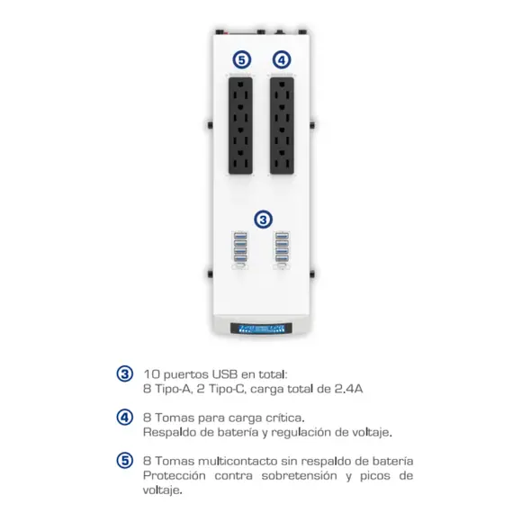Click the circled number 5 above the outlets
point(242,60)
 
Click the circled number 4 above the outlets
point(282,60)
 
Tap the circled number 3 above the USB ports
point(264,220)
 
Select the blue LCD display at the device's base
point(261,328)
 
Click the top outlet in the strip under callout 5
point(240,90)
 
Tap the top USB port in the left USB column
point(240,236)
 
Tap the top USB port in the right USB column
point(282,236)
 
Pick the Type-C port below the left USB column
point(240,266)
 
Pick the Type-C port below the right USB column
point(282,266)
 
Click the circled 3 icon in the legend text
point(125,374)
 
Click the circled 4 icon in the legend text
point(125,418)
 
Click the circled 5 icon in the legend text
point(125,461)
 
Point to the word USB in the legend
point(225,374)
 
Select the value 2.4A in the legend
point(349,389)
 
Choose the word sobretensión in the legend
point(300,475)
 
